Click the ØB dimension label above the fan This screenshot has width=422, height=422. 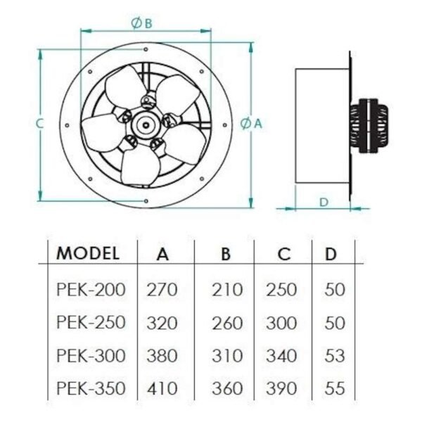[141, 23]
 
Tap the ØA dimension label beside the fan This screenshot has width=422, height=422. [251, 124]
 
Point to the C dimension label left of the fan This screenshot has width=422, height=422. [39, 124]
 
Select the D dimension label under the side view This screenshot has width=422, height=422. [324, 202]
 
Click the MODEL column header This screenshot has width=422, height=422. [88, 253]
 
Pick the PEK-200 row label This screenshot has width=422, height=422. [91, 290]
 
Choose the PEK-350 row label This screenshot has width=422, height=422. [91, 388]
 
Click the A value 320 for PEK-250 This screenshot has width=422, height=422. [162, 323]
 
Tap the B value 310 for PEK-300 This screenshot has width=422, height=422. [227, 356]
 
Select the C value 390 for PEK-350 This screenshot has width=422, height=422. [281, 388]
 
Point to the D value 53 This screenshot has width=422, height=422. [335, 356]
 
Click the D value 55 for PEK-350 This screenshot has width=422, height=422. [335, 388]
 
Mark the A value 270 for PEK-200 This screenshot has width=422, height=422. [162, 290]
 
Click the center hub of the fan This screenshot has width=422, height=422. [146, 125]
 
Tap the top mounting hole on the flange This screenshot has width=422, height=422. [146, 49]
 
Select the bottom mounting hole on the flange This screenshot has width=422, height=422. [146, 201]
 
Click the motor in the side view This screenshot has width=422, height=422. [369, 126]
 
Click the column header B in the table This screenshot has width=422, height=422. [226, 254]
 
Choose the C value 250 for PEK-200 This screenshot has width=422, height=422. [281, 290]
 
